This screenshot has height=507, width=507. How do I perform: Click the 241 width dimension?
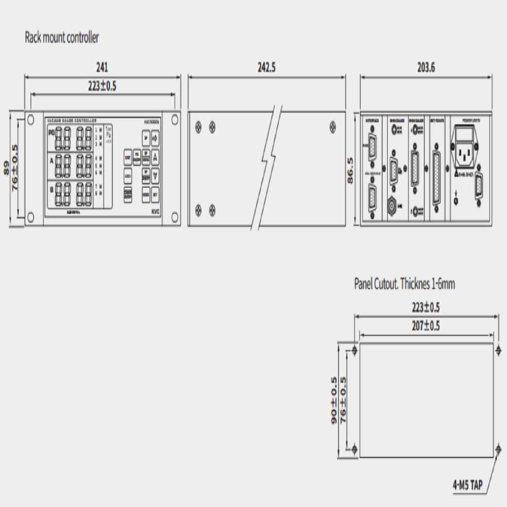pos(102,67)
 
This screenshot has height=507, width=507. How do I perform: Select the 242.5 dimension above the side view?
pos(267,67)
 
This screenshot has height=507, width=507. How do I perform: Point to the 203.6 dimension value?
pos(426,67)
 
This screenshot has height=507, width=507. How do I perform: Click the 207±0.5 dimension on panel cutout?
pos(426,326)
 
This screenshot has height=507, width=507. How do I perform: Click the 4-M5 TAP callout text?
pos(467,485)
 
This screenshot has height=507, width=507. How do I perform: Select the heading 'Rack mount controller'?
pos(62,38)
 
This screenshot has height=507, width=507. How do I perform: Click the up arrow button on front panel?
pos(155,158)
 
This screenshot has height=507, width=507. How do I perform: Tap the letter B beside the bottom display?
pos(51,190)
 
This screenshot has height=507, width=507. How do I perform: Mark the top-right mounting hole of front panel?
pos(175,120)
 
